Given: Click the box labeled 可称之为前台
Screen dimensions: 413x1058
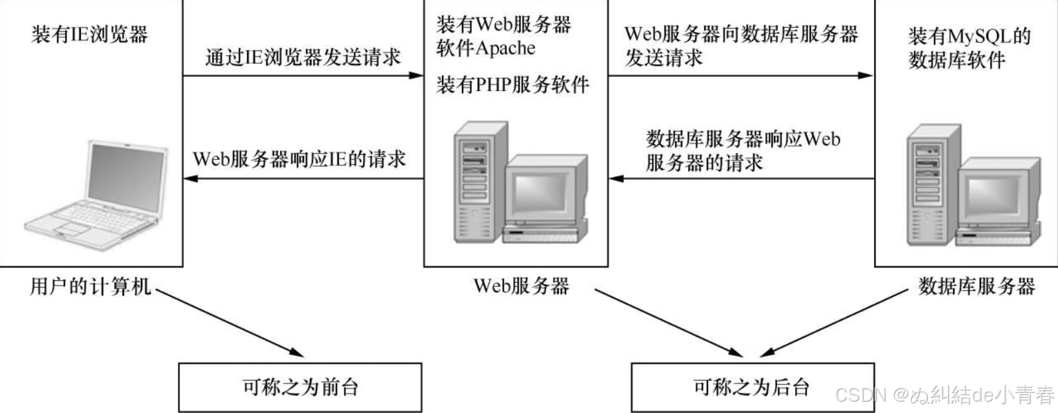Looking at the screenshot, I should (300, 387).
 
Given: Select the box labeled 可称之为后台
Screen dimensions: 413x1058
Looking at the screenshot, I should (752, 387).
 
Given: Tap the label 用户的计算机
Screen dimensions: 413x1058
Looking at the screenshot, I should (91, 287).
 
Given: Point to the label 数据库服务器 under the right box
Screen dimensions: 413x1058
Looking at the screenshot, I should (976, 287).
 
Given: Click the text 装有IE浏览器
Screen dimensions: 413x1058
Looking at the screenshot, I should (90, 35).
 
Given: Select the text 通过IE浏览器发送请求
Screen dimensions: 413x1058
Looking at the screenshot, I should (303, 57).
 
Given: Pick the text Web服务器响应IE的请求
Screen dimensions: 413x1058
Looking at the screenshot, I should (299, 159).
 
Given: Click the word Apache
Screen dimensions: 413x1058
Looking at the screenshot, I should (505, 48).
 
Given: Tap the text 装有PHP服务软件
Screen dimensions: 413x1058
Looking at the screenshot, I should (512, 85).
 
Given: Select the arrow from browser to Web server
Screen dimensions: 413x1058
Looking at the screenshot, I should (303, 76).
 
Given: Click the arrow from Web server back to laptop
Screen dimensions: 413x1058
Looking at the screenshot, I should (303, 179).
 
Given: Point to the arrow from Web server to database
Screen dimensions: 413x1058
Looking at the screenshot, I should (740, 76).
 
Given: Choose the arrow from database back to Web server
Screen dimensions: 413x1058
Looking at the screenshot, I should (740, 179).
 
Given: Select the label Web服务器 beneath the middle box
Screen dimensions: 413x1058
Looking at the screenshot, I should (521, 287).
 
